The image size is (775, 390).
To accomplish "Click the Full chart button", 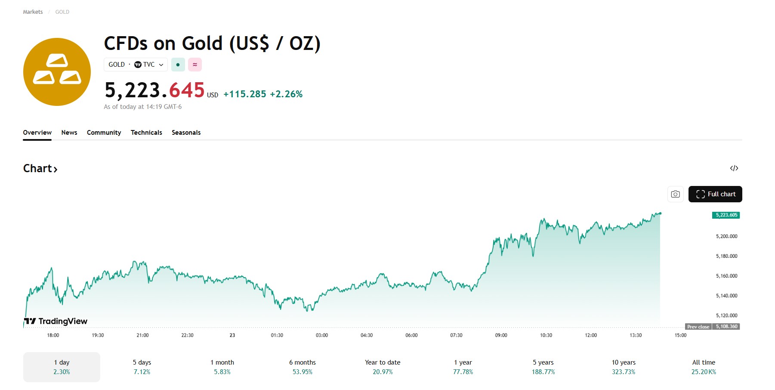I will (x=715, y=194).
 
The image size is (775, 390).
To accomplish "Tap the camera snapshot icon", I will (x=675, y=194).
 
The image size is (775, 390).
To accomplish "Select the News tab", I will (x=69, y=133).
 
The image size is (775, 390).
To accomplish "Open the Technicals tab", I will (x=146, y=133).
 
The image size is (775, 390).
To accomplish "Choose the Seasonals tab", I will (x=186, y=133).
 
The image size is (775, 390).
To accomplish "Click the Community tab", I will (x=104, y=133).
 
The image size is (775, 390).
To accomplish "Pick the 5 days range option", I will (x=142, y=367).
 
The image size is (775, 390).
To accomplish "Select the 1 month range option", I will (x=222, y=367).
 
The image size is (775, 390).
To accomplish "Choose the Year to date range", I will (x=383, y=367).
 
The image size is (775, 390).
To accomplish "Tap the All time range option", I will (x=704, y=367).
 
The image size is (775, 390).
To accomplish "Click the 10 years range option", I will (x=624, y=367).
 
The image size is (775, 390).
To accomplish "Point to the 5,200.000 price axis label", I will (x=726, y=236).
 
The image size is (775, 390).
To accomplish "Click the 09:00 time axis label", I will (x=501, y=335).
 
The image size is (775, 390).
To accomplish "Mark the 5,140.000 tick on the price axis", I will (x=726, y=296).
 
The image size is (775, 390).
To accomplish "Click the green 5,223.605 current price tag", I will (x=726, y=215).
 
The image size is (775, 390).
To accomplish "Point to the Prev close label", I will (x=698, y=327).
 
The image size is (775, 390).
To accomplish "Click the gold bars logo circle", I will (x=57, y=72).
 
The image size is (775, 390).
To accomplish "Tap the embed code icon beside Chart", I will (x=734, y=168).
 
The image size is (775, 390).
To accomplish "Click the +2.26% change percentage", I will (x=286, y=94).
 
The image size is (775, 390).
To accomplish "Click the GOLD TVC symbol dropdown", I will (x=136, y=65).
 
